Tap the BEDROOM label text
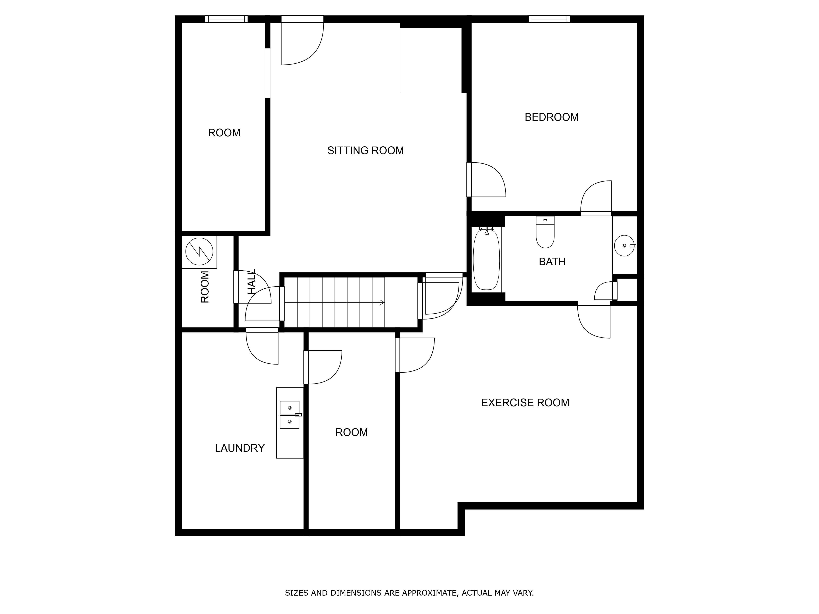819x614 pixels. pos(551,117)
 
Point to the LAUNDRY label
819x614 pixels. pos(240,448)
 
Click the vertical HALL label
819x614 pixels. pos(252,282)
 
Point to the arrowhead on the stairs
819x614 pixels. pos(382,303)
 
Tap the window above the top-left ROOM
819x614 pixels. pos(227,19)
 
